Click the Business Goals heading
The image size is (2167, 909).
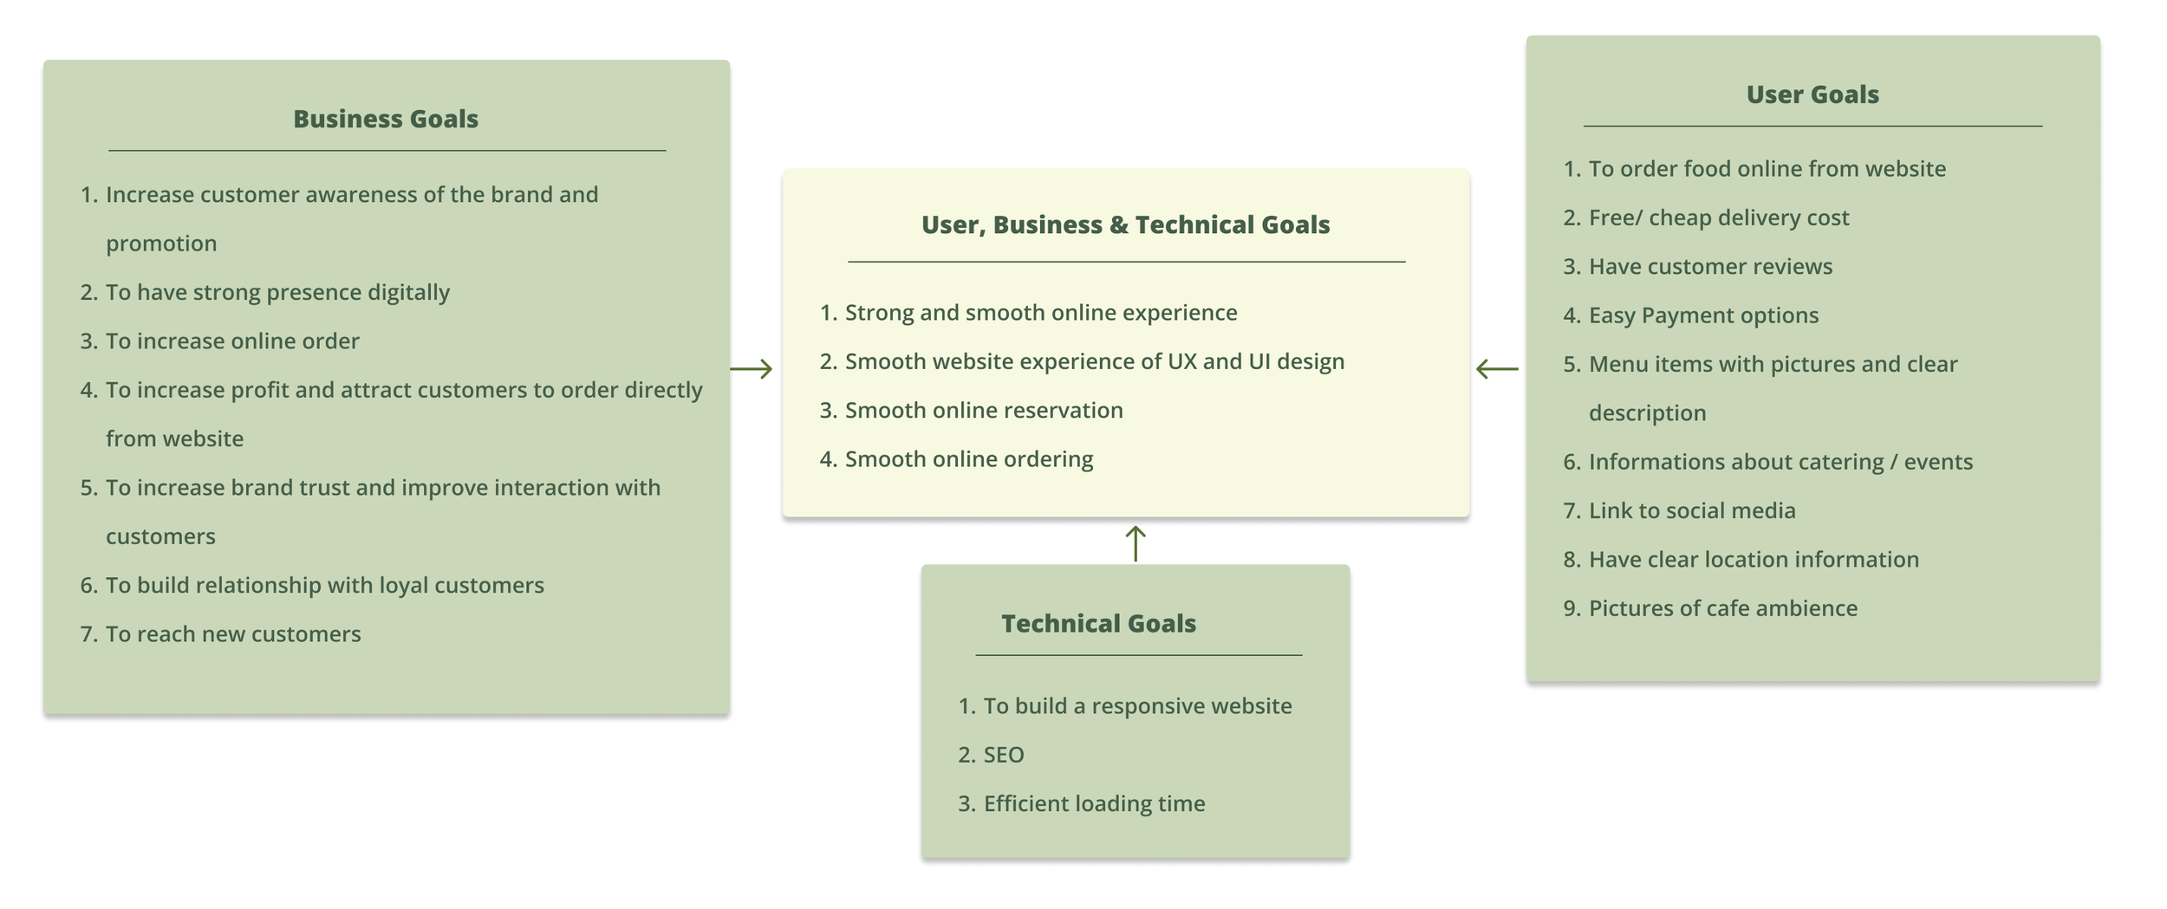tap(386, 119)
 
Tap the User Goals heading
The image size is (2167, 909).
tap(1812, 94)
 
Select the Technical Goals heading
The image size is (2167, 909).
tap(1098, 623)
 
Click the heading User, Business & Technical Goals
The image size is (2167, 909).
tap(1125, 224)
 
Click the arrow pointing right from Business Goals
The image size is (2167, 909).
tap(751, 369)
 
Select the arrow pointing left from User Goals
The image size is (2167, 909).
tap(1497, 369)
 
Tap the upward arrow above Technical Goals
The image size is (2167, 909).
tap(1136, 543)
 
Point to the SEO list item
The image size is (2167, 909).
tap(1003, 755)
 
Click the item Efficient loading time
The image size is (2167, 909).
tap(1094, 803)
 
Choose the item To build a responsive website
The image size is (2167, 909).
tap(1137, 705)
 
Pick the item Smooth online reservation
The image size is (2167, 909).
tap(984, 410)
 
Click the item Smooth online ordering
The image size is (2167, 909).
tap(969, 458)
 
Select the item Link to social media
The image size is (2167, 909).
tap(1692, 510)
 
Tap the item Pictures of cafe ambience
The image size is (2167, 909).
tap(1723, 608)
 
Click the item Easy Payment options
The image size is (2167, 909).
tap(1703, 315)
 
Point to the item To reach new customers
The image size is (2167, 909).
tap(233, 633)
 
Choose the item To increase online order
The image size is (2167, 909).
tap(232, 341)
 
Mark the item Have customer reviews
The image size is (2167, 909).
tap(1710, 266)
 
